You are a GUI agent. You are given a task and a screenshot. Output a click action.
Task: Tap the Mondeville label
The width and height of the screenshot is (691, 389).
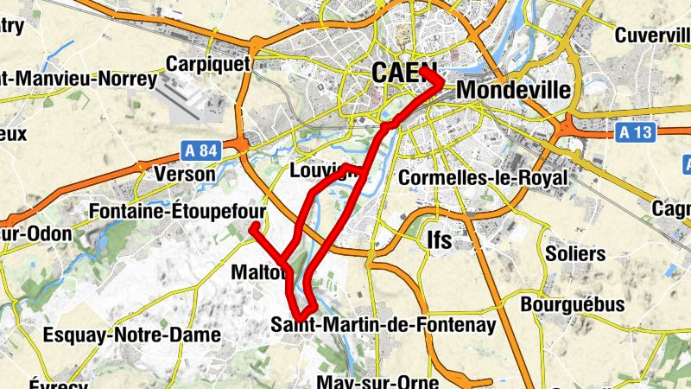pyautogui.click(x=513, y=90)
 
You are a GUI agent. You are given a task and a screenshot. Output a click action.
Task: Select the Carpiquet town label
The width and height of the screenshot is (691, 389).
pyautogui.click(x=207, y=63)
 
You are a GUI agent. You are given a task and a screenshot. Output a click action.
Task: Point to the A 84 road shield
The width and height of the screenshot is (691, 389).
pyautogui.click(x=201, y=150)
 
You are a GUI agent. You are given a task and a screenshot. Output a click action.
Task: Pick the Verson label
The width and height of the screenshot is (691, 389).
pyautogui.click(x=184, y=174)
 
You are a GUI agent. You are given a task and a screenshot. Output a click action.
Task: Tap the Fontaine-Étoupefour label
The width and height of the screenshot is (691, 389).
pyautogui.click(x=177, y=211)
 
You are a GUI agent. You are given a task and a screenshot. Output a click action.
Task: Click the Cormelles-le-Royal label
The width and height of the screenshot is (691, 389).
pyautogui.click(x=484, y=178)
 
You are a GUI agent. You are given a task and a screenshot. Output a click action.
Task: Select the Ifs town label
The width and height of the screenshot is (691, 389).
pyautogui.click(x=440, y=240)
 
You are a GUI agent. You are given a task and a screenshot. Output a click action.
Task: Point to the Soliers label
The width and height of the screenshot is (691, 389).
pyautogui.click(x=575, y=254)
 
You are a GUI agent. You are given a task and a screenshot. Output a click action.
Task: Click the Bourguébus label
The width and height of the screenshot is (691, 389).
pyautogui.click(x=573, y=304)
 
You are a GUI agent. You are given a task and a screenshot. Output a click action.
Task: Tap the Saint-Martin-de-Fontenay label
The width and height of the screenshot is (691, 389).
pyautogui.click(x=384, y=325)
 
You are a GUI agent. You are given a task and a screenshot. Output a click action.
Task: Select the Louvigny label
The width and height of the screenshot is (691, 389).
pyautogui.click(x=325, y=170)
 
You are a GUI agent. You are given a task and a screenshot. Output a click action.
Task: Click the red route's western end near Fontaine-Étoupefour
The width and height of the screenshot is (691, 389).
pyautogui.click(x=255, y=227)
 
